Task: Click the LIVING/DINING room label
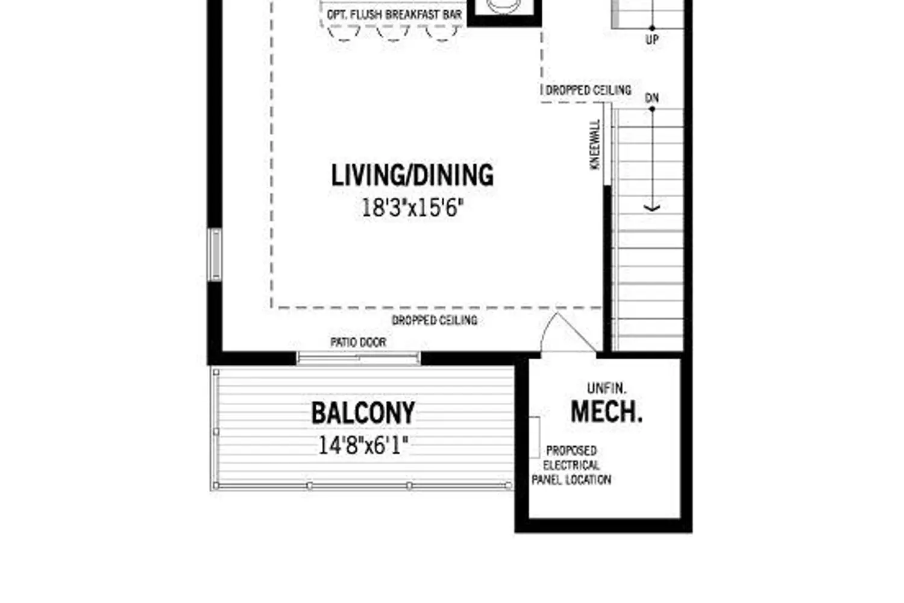pos(412,175)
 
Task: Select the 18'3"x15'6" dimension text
pos(412,208)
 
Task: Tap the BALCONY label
pos(363,413)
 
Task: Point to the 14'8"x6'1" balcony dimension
pos(363,446)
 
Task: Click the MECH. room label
pos(606,411)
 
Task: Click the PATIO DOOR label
pos(358,342)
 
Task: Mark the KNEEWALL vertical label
pos(595,145)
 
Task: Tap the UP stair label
pos(652,40)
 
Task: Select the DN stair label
pos(652,98)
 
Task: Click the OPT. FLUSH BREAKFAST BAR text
pos(394,14)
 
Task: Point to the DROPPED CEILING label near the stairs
pos(588,90)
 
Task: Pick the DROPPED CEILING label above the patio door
pos(435,320)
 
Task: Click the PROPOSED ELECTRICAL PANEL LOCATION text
pos(571,466)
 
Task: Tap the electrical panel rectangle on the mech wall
pos(534,437)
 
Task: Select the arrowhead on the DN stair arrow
pos(652,208)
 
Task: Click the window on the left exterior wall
pos(215,254)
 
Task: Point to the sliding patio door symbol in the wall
pos(358,358)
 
